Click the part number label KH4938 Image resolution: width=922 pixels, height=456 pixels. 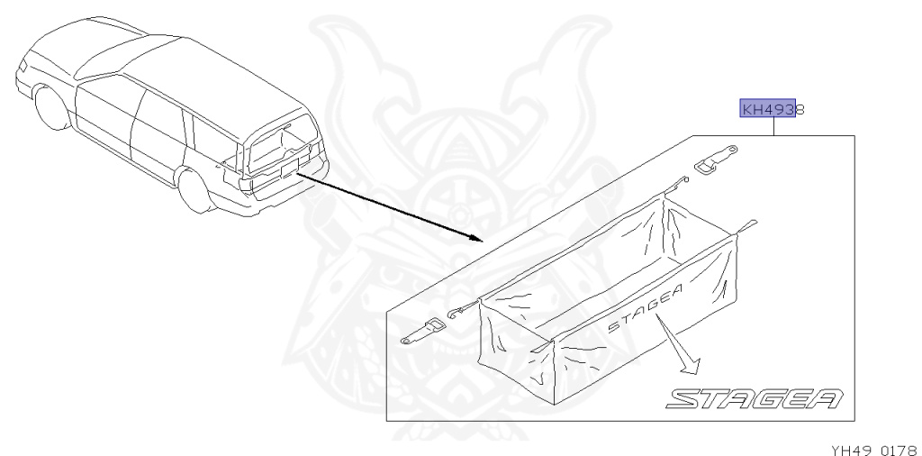[772, 110]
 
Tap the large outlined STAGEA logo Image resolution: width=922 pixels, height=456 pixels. [755, 397]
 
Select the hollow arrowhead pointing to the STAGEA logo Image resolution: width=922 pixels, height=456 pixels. [690, 366]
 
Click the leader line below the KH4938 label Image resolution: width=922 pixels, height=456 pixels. [773, 127]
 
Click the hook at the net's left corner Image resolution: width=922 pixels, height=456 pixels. [455, 311]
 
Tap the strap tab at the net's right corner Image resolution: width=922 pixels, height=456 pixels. [746, 223]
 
